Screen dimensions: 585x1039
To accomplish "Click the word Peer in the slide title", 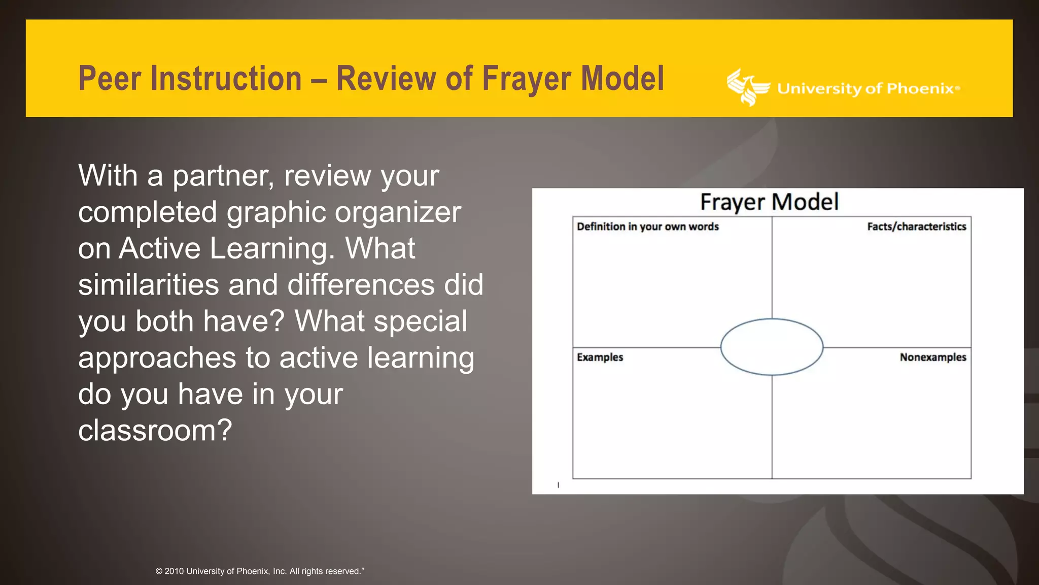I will (111, 79).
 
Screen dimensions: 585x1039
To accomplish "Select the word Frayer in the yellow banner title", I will (526, 80).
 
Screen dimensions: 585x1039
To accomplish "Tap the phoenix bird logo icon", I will (747, 87).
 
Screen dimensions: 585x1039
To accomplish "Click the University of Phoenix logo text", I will (868, 89).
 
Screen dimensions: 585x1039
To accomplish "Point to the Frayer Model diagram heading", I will (769, 202).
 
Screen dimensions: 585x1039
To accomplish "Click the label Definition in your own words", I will (647, 226).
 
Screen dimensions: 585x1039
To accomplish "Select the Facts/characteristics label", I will (916, 226).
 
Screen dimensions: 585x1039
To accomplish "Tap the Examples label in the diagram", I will (600, 357).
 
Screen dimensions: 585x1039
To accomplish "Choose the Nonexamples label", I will (932, 357).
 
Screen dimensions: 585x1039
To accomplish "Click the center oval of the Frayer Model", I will (772, 347).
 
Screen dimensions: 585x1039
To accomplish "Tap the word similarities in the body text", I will (148, 285).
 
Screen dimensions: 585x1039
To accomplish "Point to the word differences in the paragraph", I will (361, 285).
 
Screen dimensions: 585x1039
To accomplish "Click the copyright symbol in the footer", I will (159, 571).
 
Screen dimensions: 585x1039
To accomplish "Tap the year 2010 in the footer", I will (174, 571).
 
